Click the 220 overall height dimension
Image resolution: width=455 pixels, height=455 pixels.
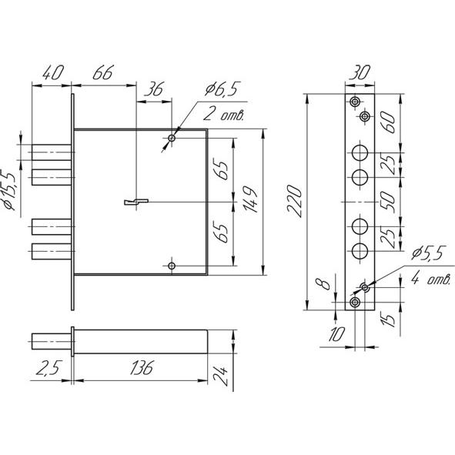[x=294, y=201]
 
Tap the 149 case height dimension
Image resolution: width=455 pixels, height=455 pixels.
[x=250, y=199]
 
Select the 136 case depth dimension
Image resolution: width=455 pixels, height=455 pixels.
[x=142, y=368]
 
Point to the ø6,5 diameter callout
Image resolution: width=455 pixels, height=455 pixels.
[x=222, y=89]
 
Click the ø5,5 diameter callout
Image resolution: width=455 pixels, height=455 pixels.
[x=428, y=253]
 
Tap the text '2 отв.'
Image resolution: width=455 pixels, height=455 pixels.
[x=223, y=115]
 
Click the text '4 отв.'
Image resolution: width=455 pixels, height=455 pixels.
[x=431, y=279]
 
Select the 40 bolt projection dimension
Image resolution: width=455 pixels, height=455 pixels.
[x=53, y=72]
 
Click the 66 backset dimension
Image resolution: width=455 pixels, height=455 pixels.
[x=103, y=72]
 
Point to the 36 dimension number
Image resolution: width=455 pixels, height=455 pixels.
[x=155, y=89]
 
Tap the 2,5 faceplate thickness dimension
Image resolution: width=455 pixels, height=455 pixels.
[x=49, y=368]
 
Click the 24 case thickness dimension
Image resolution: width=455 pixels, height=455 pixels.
[x=221, y=376]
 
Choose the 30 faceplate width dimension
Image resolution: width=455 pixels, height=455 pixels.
[x=360, y=72]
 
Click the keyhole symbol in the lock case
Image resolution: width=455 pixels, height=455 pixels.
[x=136, y=202]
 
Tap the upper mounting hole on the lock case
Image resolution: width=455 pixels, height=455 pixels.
[x=172, y=138]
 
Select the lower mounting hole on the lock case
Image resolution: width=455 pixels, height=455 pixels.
[x=172, y=266]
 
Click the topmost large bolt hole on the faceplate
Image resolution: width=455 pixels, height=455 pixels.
[x=360, y=153]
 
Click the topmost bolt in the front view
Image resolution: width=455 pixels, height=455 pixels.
[x=52, y=152]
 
